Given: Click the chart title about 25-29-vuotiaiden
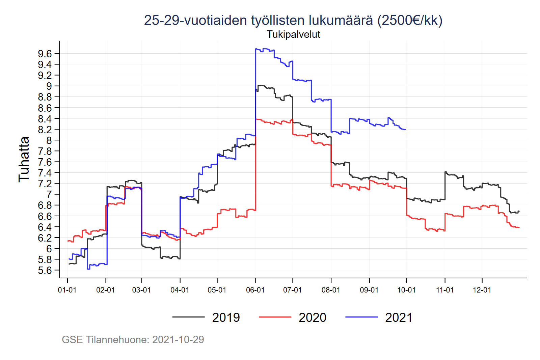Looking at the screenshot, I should pos(293,20).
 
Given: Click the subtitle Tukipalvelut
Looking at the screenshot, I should pos(293,34).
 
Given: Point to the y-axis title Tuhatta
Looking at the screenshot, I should pos(24,159).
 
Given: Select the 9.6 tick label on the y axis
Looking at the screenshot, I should pos(45,54).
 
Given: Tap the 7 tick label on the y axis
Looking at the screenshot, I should pos(49,194).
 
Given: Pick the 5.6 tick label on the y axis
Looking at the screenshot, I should pos(45,270).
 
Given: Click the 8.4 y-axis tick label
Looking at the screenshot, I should pos(45,119).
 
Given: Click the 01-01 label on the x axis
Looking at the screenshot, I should pos(67,290).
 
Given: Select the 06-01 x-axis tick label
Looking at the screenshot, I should pos(255,290).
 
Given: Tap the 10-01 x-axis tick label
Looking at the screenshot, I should pos(406,290).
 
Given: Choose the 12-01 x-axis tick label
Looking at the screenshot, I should pos(482,290).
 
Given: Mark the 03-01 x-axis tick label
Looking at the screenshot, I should pos(141,290).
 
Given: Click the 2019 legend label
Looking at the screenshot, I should pos(226,317).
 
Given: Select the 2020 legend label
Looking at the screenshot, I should pos(312,317).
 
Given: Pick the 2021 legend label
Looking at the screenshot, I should pos(399,317).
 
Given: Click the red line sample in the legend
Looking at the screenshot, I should pos(275,317).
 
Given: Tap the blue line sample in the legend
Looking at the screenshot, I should pos(361,317).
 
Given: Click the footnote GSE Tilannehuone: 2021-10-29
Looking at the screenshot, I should pos(133,339).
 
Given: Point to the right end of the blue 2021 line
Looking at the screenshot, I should pos(405,130).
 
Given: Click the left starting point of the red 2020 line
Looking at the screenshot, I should pos(68,241).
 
